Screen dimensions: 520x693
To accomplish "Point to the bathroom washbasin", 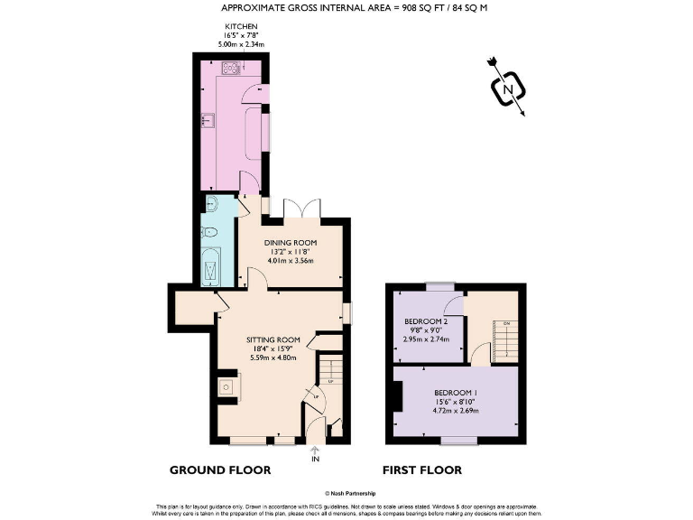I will (209, 203).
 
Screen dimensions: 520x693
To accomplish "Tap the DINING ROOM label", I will (291, 242).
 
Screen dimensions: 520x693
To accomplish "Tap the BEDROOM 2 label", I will (426, 321).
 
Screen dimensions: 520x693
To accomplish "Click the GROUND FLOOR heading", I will (220, 470).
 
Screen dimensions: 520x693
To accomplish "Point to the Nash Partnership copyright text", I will (346, 493).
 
